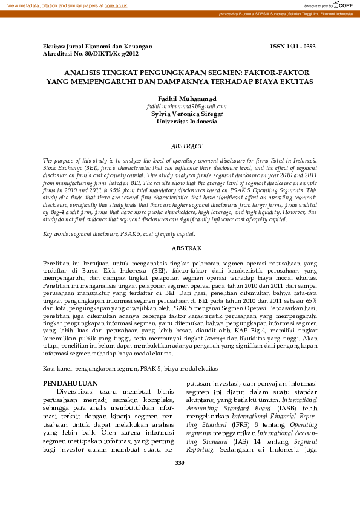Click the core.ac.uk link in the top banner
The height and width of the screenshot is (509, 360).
[x=116, y=5]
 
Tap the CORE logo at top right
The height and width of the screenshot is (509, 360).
[x=345, y=5]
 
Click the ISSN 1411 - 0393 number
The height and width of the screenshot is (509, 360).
[x=292, y=46]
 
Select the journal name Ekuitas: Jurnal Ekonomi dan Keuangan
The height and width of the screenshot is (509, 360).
[x=97, y=46]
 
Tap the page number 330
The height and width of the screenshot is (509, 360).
[x=180, y=462]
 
